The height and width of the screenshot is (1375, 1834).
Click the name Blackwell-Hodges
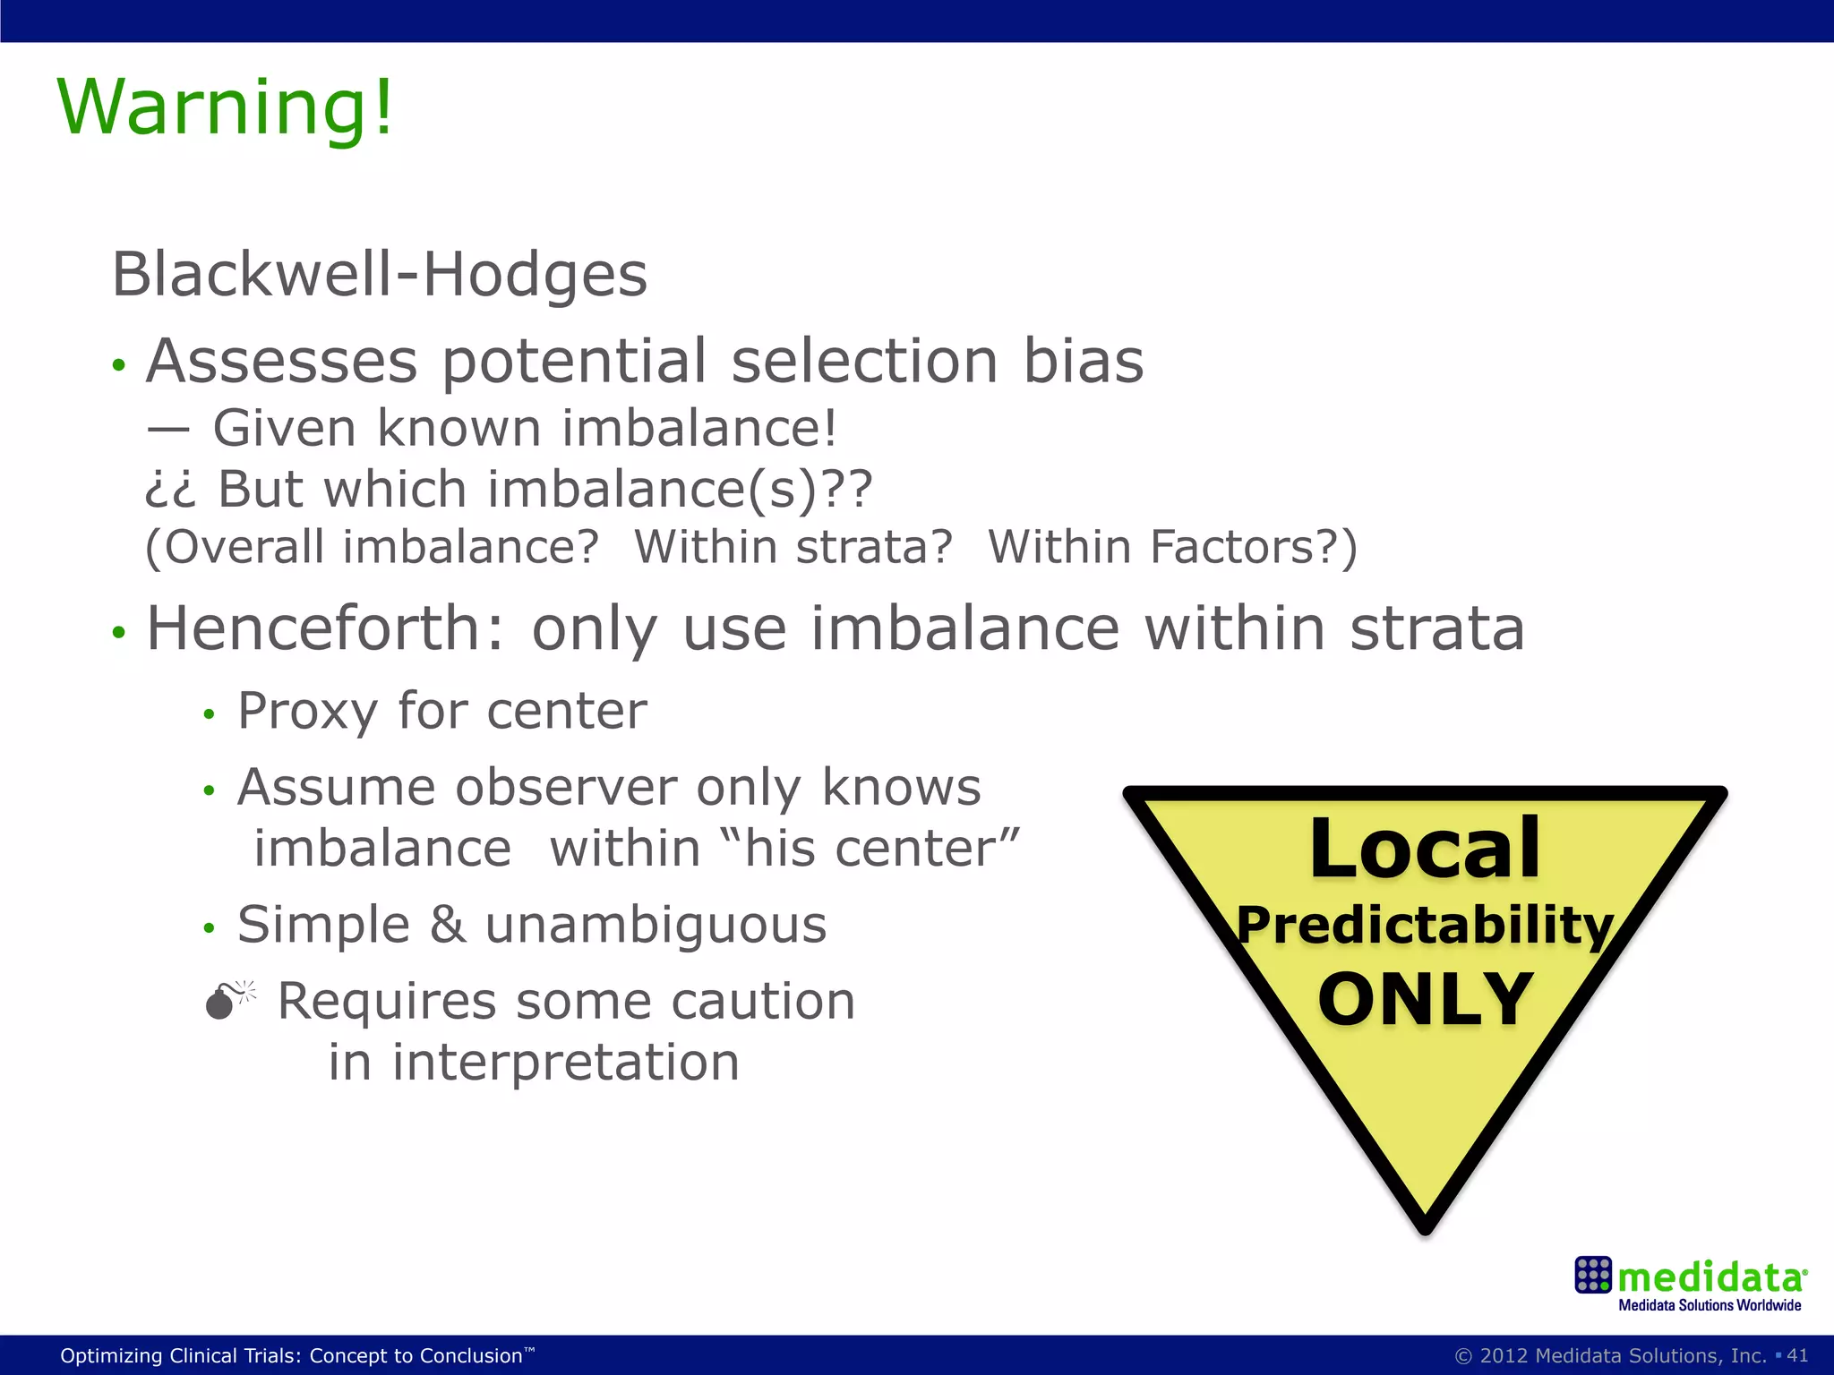coord(379,274)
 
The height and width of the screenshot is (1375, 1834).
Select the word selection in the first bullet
coord(864,362)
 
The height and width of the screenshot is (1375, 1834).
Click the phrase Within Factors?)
coord(1172,547)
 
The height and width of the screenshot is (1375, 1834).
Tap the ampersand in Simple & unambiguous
coord(448,925)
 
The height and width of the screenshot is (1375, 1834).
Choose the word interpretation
coord(565,1063)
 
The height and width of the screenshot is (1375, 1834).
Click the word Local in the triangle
coord(1425,849)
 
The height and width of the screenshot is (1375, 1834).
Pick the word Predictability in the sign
coord(1425,926)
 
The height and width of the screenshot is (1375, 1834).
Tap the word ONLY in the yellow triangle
coord(1425,1000)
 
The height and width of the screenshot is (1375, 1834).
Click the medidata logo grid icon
coord(1592,1275)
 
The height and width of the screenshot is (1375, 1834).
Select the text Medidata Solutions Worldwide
coord(1709,1305)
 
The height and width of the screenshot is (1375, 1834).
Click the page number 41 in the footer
coord(1796,1355)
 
